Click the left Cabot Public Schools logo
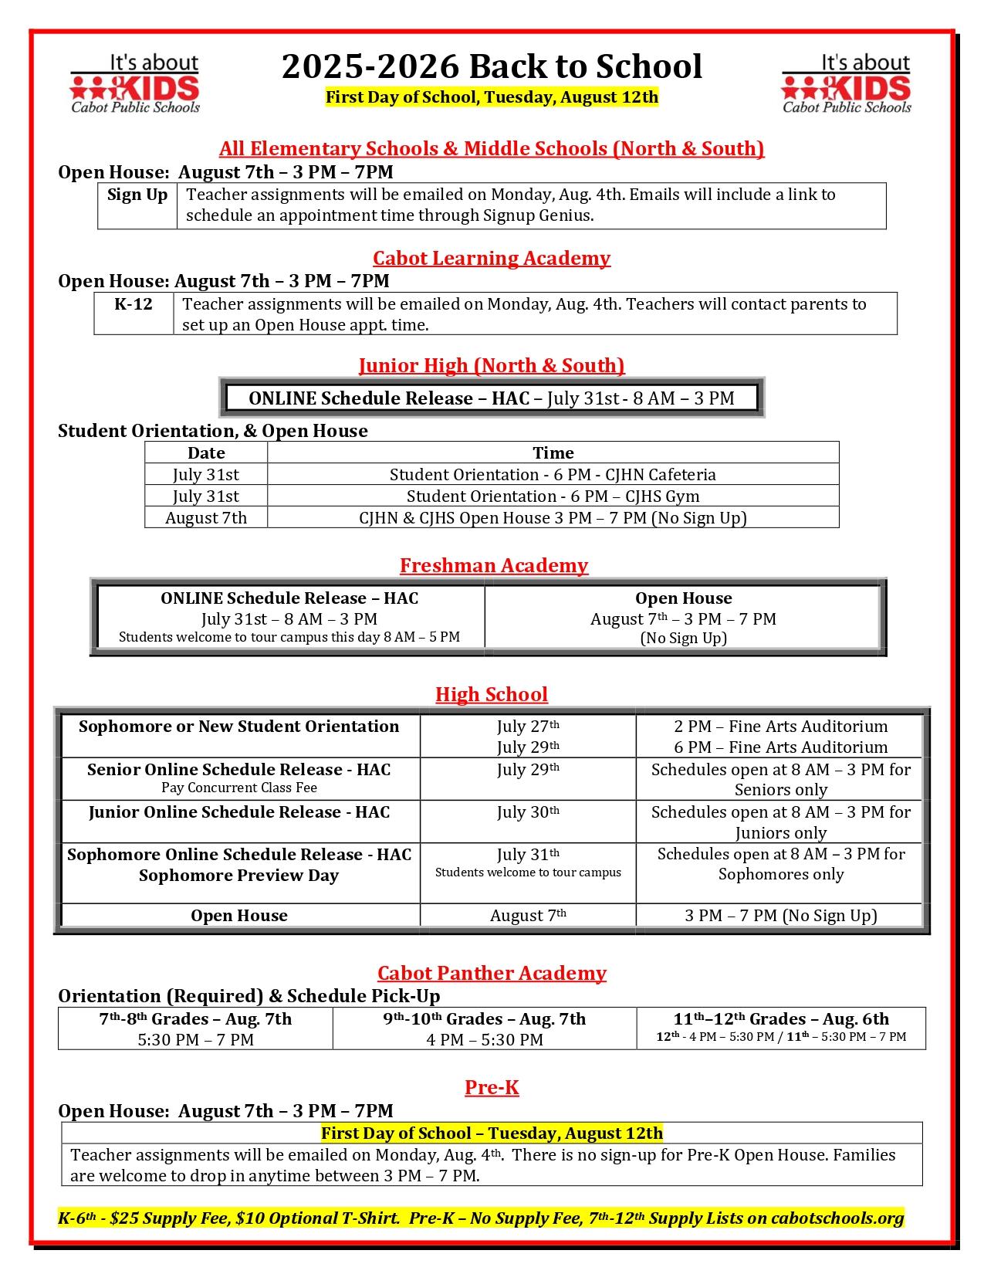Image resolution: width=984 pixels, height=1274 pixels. (135, 83)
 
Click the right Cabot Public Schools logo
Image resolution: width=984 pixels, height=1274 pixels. (846, 83)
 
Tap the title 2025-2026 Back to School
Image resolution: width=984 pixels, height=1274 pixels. (492, 66)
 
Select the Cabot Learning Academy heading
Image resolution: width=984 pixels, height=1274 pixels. (492, 258)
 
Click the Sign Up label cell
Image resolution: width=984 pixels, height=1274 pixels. (137, 195)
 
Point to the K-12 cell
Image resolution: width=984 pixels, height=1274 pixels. (134, 304)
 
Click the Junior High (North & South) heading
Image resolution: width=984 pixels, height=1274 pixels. (492, 365)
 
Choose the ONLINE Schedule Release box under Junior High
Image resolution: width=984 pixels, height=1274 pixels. (492, 398)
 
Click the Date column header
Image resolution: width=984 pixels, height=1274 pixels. (206, 453)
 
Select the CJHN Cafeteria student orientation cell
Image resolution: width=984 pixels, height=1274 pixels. (553, 475)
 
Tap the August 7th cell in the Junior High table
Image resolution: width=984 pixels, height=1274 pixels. (206, 518)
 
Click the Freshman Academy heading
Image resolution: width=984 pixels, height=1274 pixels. (493, 566)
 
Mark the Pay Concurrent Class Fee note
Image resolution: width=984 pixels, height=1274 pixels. (239, 788)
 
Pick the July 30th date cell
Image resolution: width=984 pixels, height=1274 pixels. (528, 812)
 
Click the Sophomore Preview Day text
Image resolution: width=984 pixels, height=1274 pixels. (239, 876)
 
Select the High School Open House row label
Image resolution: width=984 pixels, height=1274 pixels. (239, 916)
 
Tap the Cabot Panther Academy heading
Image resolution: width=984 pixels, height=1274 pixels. (492, 973)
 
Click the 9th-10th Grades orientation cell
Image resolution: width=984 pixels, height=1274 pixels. (485, 1028)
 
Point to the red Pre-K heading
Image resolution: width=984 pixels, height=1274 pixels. (492, 1088)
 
